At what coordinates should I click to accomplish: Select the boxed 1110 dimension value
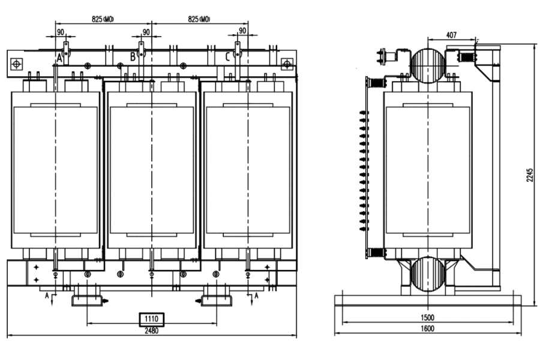[x=151, y=319]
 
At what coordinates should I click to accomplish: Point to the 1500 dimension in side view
[x=428, y=316]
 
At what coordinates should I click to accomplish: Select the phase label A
[x=59, y=58]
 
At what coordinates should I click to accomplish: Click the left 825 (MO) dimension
[x=103, y=19]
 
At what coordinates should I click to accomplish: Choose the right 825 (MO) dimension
[x=199, y=19]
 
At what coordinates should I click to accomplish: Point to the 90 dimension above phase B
[x=146, y=32]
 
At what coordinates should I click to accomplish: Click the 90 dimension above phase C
[x=242, y=32]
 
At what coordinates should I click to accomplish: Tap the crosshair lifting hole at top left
[x=16, y=63]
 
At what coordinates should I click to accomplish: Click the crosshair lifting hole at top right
[x=287, y=63]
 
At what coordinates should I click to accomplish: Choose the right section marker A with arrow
[x=256, y=295]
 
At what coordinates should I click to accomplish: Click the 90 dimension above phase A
[x=60, y=32]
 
